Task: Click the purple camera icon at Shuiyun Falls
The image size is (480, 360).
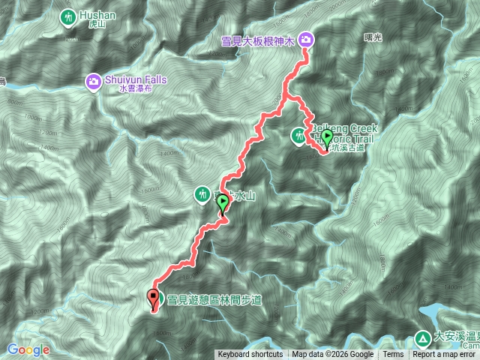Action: click(94, 80)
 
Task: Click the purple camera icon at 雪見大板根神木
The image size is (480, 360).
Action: click(307, 40)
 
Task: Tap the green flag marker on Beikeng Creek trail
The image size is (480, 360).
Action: click(326, 137)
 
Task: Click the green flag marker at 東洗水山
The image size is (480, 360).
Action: click(223, 205)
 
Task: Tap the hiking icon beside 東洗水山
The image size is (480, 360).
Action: click(202, 195)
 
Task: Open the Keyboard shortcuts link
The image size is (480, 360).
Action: click(250, 355)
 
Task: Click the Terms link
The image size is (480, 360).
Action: click(393, 355)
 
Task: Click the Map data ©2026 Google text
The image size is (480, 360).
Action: click(333, 355)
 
